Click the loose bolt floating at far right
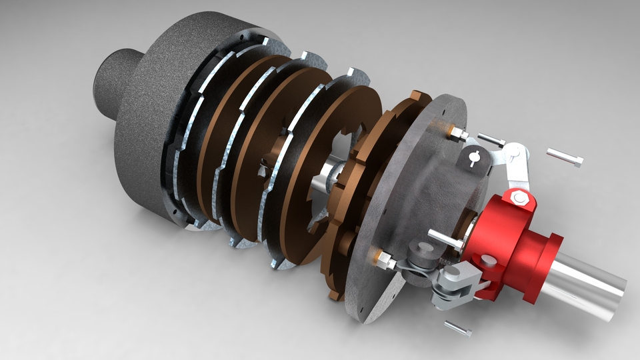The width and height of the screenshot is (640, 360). [565, 157]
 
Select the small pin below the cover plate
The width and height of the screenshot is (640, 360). [458, 328]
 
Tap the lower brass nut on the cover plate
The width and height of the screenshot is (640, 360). [384, 258]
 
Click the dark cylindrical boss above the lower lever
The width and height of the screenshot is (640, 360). [420, 252]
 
